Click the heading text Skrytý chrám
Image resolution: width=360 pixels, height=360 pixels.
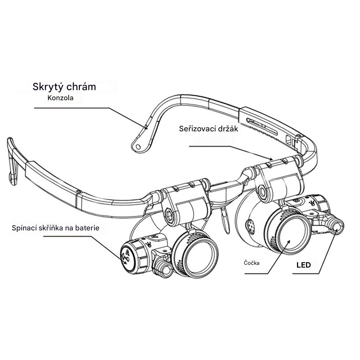point(64,87)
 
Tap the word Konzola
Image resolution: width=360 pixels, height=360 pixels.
point(60,98)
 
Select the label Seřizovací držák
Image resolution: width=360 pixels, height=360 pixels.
point(208,129)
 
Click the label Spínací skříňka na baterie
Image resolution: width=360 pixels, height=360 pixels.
point(55,228)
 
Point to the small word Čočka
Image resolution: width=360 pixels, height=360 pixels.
point(251,263)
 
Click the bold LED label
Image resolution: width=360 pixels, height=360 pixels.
point(303,265)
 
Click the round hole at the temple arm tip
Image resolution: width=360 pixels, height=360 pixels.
point(138,146)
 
